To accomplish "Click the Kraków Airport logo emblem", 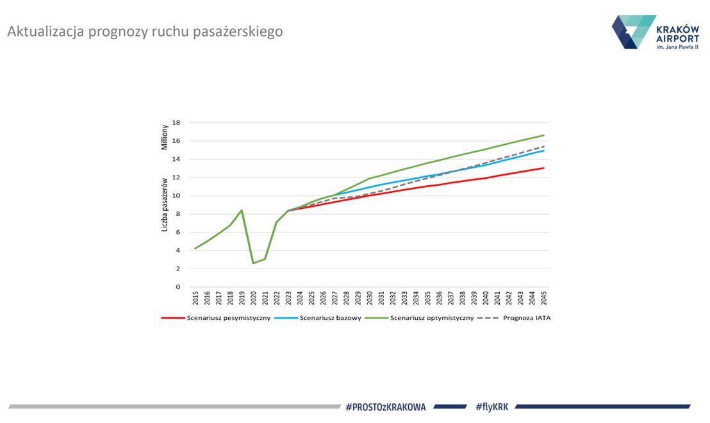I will pyautogui.click(x=633, y=32).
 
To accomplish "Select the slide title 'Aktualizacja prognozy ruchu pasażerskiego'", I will pyautogui.click(x=145, y=31).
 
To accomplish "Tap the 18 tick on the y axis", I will pyautogui.click(x=177, y=122).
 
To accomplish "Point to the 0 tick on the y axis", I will pyautogui.click(x=178, y=287).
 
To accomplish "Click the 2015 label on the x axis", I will pyautogui.click(x=195, y=298).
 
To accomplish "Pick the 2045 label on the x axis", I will pyautogui.click(x=543, y=298).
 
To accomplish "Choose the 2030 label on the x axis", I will pyautogui.click(x=369, y=298).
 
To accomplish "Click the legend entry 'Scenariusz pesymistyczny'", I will pyautogui.click(x=228, y=317).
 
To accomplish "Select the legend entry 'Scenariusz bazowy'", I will pyautogui.click(x=331, y=317).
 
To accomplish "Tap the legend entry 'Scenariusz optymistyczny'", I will pyautogui.click(x=432, y=317).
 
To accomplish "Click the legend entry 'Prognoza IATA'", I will pyautogui.click(x=527, y=317).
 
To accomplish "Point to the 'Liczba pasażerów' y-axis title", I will pyautogui.click(x=164, y=204).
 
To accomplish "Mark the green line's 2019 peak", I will pyautogui.click(x=242, y=210).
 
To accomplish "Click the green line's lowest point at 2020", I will pyautogui.click(x=253, y=263).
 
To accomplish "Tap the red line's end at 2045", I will pyautogui.click(x=543, y=168).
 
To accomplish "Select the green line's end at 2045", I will pyautogui.click(x=543, y=135).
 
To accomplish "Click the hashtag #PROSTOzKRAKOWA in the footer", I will pyautogui.click(x=385, y=406).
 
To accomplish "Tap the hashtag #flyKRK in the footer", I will pyautogui.click(x=491, y=406).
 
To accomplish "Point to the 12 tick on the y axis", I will pyautogui.click(x=177, y=178).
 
